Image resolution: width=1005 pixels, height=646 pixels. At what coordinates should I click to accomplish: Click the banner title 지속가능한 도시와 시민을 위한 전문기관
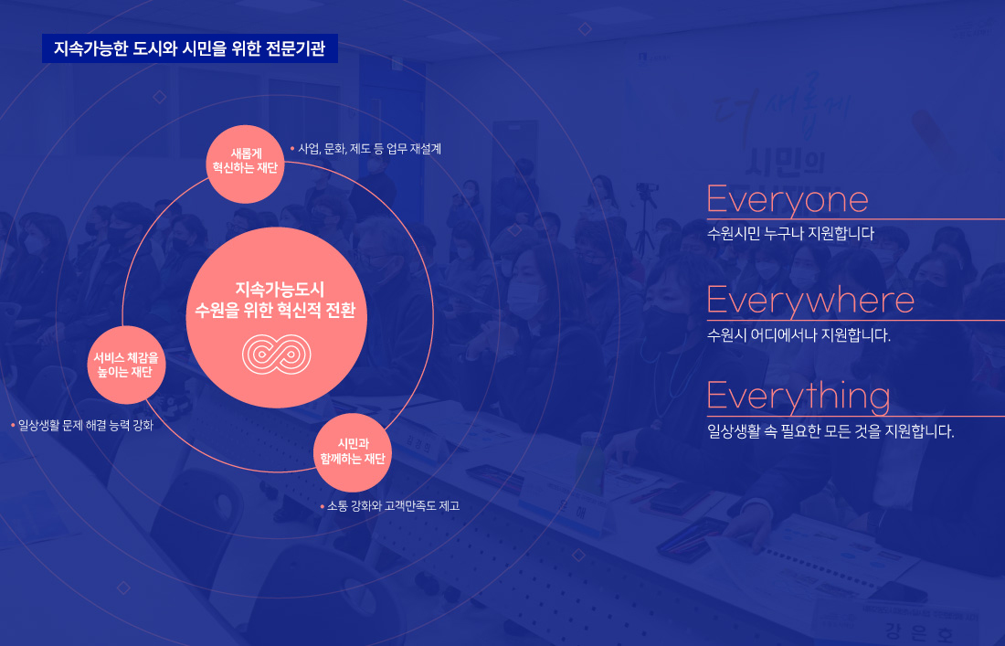(x=190, y=49)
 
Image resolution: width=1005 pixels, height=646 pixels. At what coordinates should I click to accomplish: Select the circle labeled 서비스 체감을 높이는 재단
(x=125, y=364)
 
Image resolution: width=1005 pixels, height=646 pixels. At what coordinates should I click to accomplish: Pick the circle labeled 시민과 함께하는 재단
(x=353, y=451)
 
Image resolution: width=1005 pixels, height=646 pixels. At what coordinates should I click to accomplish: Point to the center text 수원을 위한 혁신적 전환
(x=276, y=311)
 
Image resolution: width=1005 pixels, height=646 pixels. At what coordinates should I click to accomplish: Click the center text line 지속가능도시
(x=276, y=289)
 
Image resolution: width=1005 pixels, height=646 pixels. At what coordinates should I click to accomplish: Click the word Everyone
(x=788, y=199)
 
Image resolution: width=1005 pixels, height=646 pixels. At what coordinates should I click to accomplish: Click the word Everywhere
(x=810, y=301)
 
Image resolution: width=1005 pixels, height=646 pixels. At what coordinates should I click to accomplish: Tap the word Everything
(x=799, y=397)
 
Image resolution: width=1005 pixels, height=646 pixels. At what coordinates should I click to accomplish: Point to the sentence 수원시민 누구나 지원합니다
(x=791, y=234)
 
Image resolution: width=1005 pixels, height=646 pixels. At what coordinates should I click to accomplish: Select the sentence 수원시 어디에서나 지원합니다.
(x=799, y=334)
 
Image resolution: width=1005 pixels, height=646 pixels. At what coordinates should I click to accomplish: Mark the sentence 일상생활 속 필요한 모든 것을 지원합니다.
(x=830, y=431)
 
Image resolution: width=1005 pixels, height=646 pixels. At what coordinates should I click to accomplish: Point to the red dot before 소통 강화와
(x=322, y=505)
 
